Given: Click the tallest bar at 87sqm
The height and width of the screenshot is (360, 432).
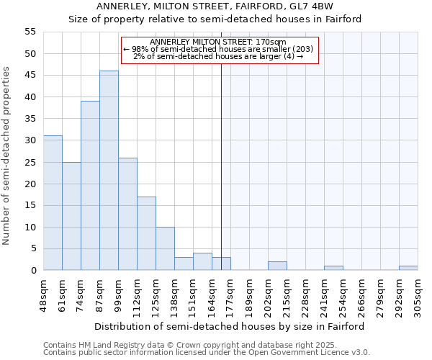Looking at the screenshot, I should [109, 171].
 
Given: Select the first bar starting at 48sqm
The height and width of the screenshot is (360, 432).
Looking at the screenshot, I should [53, 203].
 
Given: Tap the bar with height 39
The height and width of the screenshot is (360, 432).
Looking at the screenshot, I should [90, 186].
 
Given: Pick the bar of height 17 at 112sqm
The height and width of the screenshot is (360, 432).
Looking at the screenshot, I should [146, 233].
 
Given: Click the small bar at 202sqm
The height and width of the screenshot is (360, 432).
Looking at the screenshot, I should [277, 266].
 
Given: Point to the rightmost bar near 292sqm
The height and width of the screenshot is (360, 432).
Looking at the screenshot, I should [408, 268].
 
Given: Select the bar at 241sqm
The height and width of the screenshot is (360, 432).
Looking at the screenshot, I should [333, 268].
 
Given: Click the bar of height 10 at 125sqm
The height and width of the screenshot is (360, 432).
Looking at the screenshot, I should [165, 248].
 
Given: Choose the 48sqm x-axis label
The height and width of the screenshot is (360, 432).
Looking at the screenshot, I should [43, 296].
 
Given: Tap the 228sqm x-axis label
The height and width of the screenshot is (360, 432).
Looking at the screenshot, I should [305, 296].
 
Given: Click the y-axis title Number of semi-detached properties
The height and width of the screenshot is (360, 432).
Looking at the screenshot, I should [7, 156].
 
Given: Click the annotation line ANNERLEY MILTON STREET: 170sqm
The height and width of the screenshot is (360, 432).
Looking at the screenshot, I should [218, 42].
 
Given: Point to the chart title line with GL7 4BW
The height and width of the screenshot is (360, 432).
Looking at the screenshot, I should [215, 6].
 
